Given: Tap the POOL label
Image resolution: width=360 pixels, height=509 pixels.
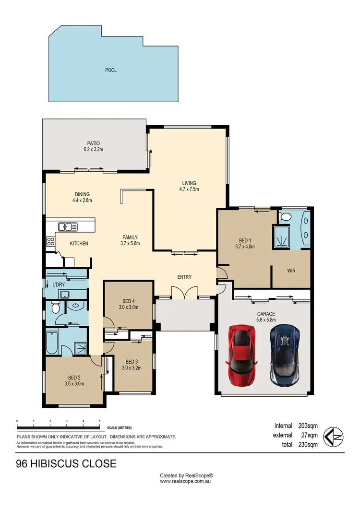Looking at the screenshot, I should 111,70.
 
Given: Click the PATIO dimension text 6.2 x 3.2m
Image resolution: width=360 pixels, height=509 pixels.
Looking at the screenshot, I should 93,149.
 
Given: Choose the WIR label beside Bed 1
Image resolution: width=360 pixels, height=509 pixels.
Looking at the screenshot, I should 291,271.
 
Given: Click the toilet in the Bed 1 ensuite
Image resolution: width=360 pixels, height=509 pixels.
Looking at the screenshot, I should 285,217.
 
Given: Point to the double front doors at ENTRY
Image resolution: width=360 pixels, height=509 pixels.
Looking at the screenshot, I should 184,293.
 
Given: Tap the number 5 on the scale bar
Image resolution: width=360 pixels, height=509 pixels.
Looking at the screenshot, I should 99,421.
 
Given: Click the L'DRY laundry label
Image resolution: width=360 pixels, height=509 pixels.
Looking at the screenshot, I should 59,285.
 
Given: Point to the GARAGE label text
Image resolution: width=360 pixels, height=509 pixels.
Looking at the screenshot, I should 265,314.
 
